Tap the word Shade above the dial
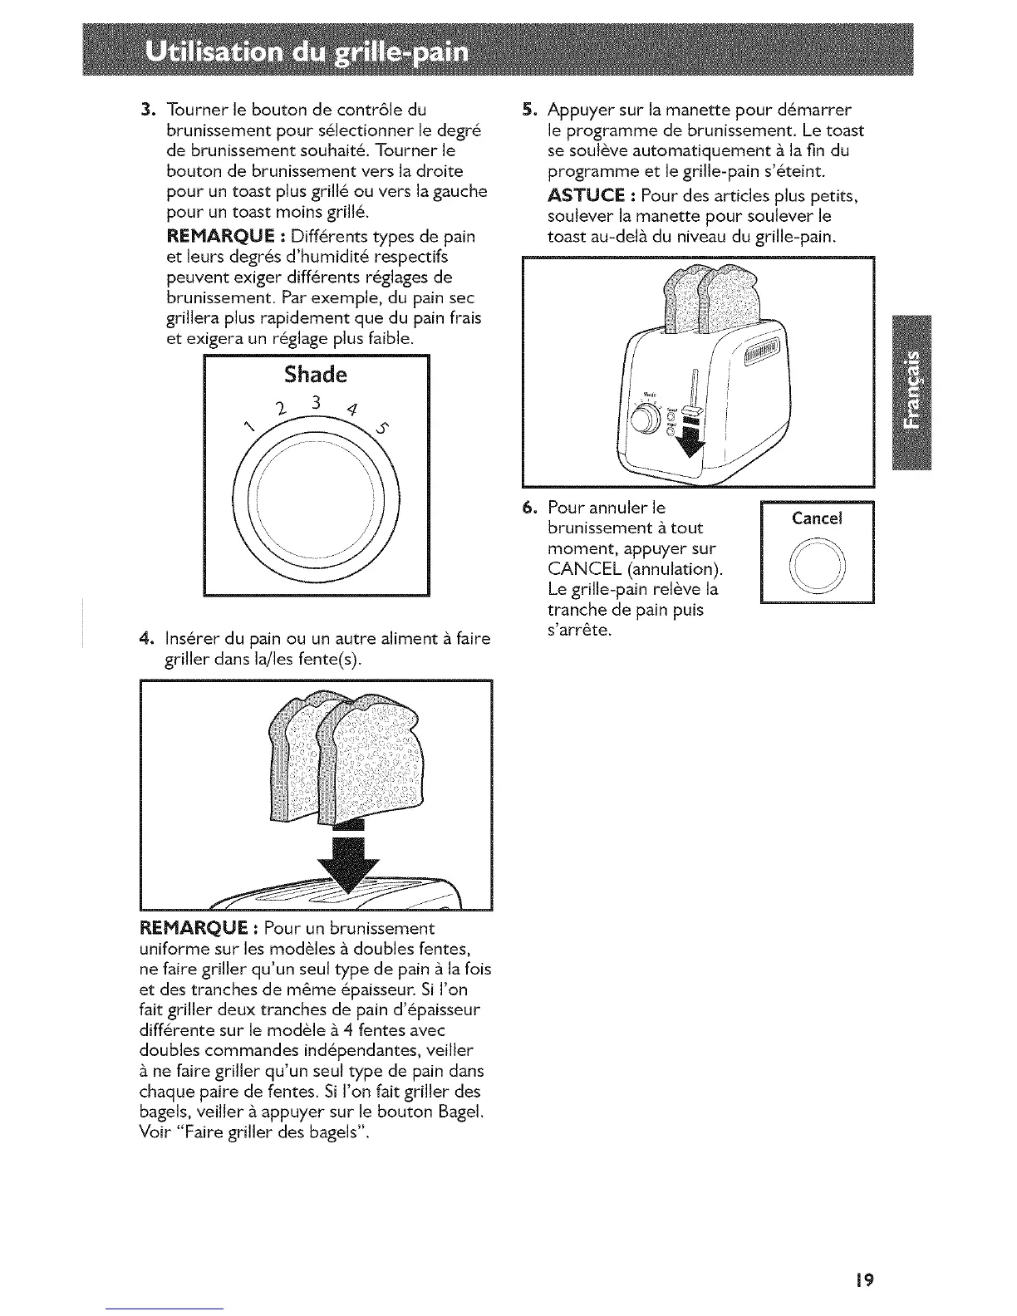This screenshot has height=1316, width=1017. coord(315,374)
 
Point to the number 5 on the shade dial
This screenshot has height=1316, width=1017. coord(382,430)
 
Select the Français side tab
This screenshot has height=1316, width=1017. coord(911,393)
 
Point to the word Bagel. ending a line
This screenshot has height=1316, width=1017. coord(459,1112)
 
